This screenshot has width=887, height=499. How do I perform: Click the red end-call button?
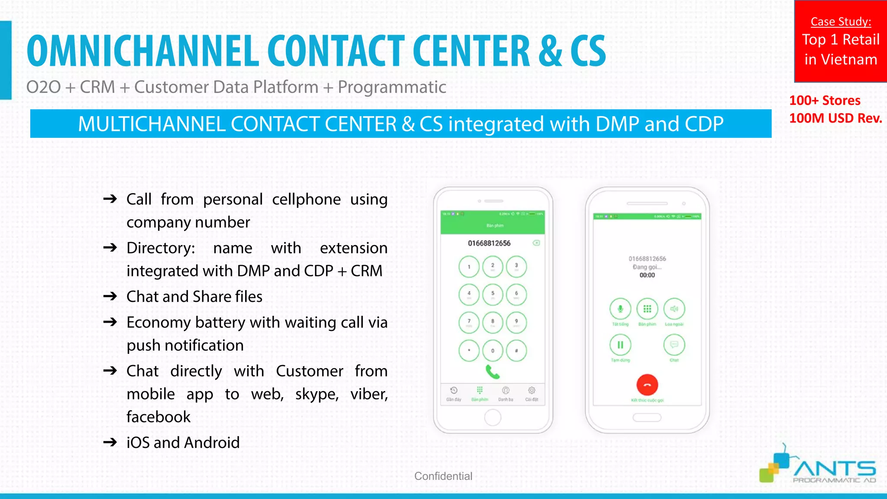coord(647,385)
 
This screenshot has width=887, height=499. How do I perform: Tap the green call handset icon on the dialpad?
coord(492,372)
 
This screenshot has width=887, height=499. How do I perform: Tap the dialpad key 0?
coord(492,350)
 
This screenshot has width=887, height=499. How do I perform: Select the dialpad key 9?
coord(516,322)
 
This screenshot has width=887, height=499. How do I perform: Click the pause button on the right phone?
coord(620,345)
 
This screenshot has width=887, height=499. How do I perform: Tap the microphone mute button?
coord(620,309)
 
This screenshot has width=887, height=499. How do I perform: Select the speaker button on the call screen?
coord(674,309)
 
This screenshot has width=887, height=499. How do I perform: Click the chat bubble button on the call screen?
coord(674,345)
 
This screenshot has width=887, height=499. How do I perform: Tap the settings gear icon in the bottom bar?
coord(531,391)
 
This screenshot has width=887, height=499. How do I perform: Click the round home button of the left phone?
coord(492,418)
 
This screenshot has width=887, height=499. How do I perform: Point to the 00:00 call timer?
coord(647,275)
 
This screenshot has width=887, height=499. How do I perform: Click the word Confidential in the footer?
coord(443,476)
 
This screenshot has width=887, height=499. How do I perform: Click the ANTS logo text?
coord(834,469)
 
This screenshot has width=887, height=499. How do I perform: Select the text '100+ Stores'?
coord(825,100)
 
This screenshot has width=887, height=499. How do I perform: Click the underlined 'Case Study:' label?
coord(841,22)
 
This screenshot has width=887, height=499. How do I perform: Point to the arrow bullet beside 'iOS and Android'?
coord(110,442)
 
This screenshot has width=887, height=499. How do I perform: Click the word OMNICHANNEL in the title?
coord(143,51)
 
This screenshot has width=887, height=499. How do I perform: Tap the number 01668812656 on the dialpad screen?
coord(489,243)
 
